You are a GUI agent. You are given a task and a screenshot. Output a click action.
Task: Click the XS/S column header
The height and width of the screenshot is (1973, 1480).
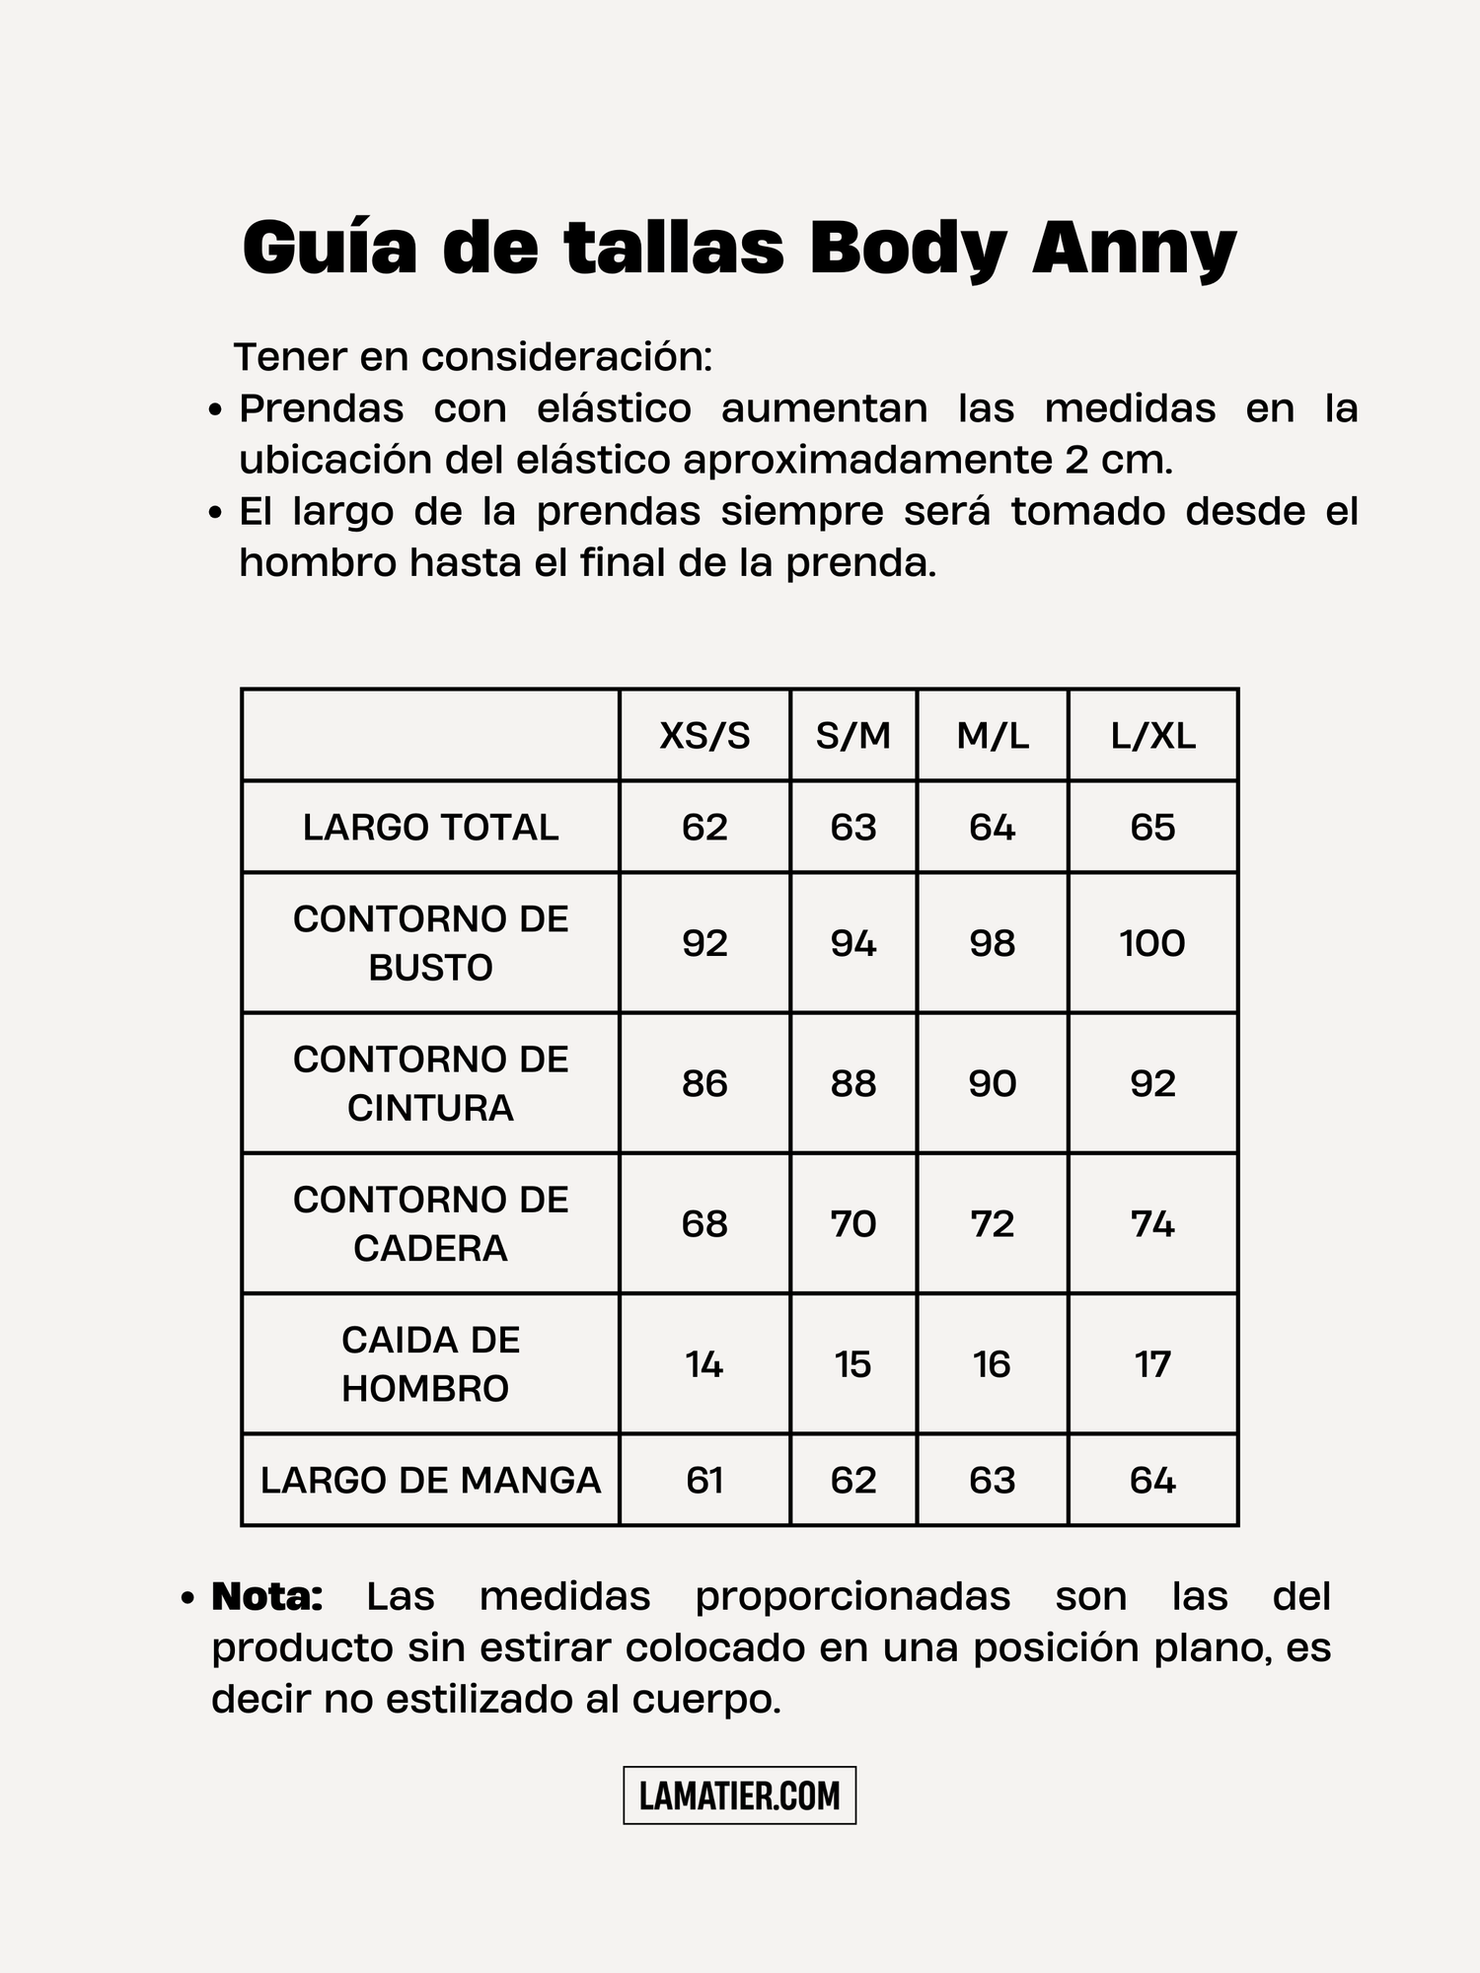(704, 736)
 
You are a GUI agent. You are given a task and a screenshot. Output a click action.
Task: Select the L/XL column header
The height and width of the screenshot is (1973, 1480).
(1152, 736)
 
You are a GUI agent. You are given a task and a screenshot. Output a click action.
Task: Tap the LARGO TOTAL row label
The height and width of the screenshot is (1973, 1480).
(430, 828)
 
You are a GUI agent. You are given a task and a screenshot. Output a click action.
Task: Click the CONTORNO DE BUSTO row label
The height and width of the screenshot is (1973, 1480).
(430, 943)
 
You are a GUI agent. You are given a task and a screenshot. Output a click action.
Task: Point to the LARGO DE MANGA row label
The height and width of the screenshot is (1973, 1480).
(430, 1481)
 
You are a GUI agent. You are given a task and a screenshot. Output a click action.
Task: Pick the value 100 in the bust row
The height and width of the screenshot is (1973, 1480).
(1152, 944)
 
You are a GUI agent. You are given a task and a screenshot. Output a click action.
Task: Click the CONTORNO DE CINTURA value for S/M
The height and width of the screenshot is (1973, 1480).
(853, 1084)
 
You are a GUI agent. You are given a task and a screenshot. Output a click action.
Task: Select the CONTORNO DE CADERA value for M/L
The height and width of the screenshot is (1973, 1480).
(992, 1224)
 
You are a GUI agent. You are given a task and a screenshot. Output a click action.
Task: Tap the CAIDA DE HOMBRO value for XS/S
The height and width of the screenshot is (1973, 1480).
(704, 1365)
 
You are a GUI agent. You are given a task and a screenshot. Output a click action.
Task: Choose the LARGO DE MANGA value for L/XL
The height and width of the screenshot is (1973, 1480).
(1152, 1481)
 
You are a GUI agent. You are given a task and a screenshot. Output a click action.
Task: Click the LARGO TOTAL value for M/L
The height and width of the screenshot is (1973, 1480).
(992, 828)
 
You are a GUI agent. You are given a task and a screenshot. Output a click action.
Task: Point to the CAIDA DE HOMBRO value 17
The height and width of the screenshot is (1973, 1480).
(1152, 1365)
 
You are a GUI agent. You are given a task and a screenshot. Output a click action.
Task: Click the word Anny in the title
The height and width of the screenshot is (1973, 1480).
(1134, 249)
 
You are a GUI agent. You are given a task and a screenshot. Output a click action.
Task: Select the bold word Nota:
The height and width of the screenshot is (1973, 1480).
(267, 1597)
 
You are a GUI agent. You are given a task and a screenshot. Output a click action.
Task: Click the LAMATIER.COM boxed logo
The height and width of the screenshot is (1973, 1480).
(739, 1795)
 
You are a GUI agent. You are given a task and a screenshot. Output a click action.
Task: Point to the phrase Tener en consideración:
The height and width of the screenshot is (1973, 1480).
(473, 357)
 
